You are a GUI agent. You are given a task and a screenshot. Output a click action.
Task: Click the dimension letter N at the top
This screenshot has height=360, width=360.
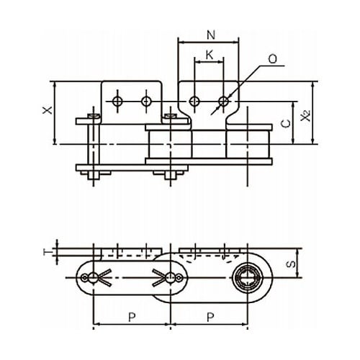coord(211,35)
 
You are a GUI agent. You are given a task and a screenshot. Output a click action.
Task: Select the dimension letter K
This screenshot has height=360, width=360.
coord(210,55)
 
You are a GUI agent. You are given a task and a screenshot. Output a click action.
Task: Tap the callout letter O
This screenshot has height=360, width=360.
coord(272,59)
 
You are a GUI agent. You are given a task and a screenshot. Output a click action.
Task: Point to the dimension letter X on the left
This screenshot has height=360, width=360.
coord(48,110)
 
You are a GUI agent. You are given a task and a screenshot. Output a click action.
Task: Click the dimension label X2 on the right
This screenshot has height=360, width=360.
coord(306,115)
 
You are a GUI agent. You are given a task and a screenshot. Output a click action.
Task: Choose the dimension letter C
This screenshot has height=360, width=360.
coord(286,123)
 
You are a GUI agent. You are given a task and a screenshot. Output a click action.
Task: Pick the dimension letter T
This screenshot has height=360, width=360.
coord(46,252)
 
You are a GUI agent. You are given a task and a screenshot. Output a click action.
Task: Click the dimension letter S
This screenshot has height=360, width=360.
coord(291,264)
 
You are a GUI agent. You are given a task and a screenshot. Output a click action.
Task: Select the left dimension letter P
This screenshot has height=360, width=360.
coord(132,318)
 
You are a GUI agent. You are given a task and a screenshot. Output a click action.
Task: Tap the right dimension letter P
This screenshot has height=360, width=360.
coord(210,318)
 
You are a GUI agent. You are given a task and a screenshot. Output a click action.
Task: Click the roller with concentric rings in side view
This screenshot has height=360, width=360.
coord(247,278)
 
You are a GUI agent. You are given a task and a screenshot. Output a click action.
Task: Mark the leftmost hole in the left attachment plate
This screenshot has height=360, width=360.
coord(117,102)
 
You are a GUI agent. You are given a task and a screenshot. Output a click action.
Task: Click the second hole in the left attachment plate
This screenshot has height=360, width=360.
coord(146,102)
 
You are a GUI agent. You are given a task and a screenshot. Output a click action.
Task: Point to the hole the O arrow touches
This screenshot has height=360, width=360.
coord(224,102)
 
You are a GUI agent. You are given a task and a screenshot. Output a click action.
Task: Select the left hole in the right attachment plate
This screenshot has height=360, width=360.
coord(194,102)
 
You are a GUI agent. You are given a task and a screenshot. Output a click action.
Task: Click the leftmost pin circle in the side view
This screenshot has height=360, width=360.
coord(93,278)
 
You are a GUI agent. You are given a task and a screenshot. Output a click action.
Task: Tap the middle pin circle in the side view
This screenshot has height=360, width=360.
coord(171,278)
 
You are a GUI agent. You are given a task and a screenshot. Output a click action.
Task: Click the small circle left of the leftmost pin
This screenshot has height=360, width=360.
coord(84,278)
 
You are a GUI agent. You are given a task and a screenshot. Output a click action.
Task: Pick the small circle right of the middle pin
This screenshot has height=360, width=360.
coord(179,278)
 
